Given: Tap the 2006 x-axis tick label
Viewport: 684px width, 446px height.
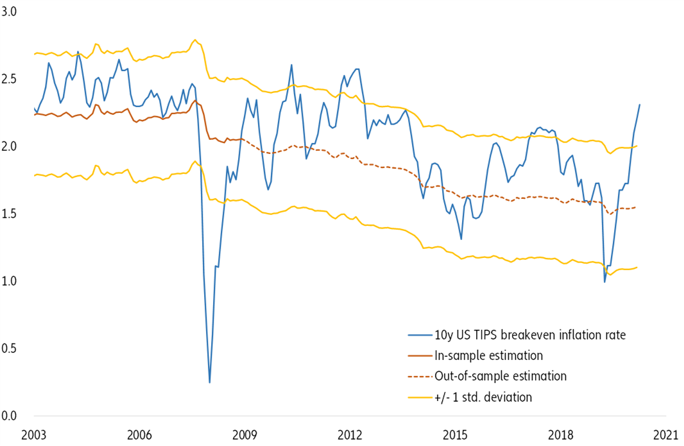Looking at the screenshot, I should pos(140,434).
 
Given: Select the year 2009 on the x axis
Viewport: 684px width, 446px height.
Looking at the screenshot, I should pos(246,434).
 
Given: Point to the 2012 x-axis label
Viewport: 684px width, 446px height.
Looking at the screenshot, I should pos(351,434).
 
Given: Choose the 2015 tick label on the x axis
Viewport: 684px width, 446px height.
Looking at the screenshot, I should pos(456,434).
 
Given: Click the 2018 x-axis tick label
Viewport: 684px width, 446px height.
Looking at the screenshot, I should pos(562,434).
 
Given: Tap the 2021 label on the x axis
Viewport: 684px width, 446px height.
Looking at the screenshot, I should pos(668,434).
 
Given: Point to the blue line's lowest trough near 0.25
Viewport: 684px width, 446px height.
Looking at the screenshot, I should pos(210,382).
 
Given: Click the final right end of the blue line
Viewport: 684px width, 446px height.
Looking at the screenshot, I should pos(640,105).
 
